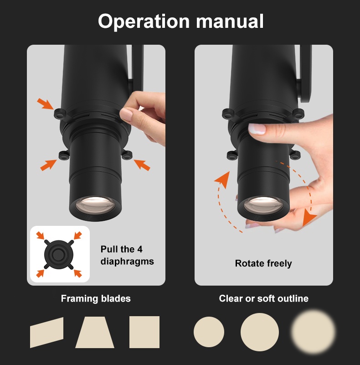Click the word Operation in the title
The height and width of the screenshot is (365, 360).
click(144, 21)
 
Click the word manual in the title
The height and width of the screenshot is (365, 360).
click(230, 21)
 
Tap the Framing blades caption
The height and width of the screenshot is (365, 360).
click(96, 299)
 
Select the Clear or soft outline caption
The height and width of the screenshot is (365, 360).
click(264, 298)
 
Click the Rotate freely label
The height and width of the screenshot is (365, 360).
click(263, 264)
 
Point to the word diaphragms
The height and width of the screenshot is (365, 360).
click(127, 261)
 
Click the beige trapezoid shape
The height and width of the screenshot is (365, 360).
click(95, 332)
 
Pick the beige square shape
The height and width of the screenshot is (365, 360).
click(144, 332)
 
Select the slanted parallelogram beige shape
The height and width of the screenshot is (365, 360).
click(47, 333)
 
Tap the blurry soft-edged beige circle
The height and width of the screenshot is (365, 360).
click(313, 332)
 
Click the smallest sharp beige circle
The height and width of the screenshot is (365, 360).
click(209, 332)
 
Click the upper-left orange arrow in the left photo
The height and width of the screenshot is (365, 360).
click(45, 104)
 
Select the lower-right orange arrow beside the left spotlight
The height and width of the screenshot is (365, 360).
click(142, 165)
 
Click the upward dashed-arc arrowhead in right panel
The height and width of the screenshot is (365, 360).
click(222, 179)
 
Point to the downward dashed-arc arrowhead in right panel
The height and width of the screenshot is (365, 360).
click(309, 218)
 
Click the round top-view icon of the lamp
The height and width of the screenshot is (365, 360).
click(59, 255)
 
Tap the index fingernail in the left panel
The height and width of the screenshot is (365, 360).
click(126, 115)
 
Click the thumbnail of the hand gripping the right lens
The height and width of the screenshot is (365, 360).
click(257, 129)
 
